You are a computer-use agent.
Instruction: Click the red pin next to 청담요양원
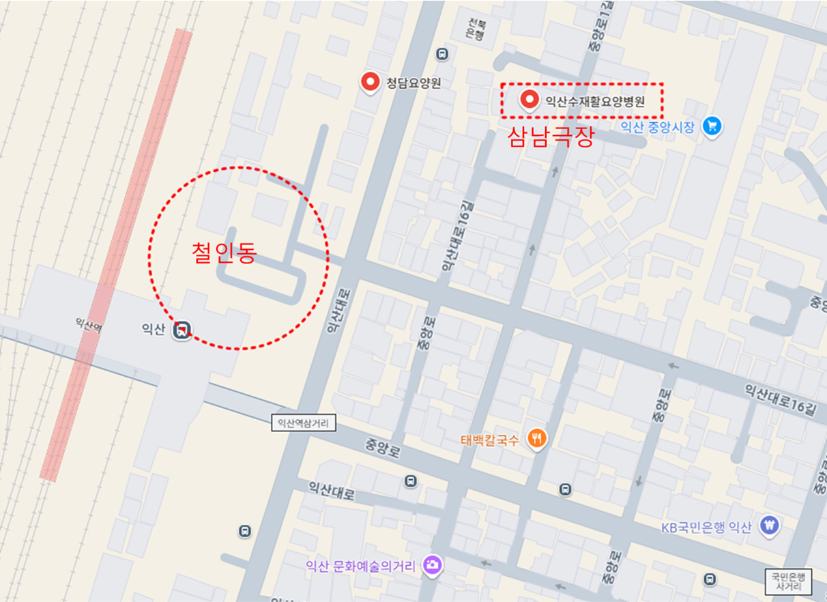coord(371,82)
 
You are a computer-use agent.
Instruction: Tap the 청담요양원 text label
coord(413,83)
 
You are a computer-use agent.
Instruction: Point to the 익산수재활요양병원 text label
coord(594,102)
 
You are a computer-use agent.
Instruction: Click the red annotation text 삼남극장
coord(550,137)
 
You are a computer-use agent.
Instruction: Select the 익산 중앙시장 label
coord(658,126)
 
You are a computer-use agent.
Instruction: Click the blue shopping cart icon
coord(712,126)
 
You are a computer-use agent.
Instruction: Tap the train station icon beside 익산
coord(182,330)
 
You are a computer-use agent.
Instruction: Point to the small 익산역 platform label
coord(89,328)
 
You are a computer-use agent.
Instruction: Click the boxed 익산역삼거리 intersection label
coord(304,423)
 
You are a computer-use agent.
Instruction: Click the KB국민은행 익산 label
coord(706,527)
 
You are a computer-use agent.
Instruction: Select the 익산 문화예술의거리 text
coord(361,566)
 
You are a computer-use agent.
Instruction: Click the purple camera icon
coord(433,565)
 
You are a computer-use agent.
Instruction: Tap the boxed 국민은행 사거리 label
coord(788,580)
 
